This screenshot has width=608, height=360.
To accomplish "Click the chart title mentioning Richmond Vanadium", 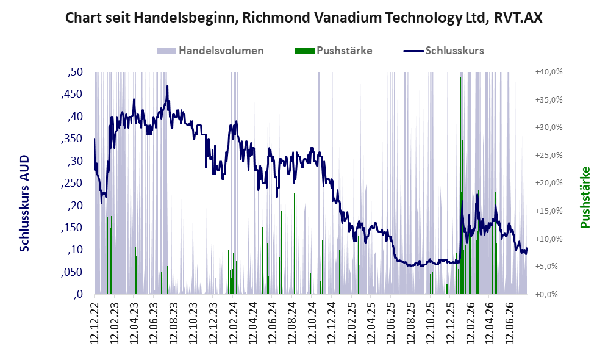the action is (x=304, y=18).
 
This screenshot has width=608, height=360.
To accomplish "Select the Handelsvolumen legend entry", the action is (x=210, y=51).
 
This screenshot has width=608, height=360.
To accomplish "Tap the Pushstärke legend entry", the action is (x=334, y=51).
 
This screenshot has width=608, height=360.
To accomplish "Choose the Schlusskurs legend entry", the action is (x=443, y=51).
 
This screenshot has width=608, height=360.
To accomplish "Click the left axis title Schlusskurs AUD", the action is (x=24, y=203).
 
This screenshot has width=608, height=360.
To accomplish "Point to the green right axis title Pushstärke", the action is (x=585, y=198).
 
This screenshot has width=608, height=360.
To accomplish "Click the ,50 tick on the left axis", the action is (x=75, y=72).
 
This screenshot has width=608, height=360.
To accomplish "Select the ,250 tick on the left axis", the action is (x=72, y=183).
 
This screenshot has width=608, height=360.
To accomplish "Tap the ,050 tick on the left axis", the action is (x=72, y=272).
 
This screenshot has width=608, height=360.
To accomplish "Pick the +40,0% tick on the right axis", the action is (x=549, y=72).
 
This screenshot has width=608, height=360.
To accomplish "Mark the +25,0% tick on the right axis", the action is (x=549, y=156).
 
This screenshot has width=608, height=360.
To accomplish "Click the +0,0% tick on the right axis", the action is (x=547, y=295).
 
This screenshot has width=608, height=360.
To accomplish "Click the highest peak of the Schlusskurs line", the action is (x=168, y=86).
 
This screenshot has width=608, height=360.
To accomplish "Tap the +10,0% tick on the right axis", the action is (x=549, y=239).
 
